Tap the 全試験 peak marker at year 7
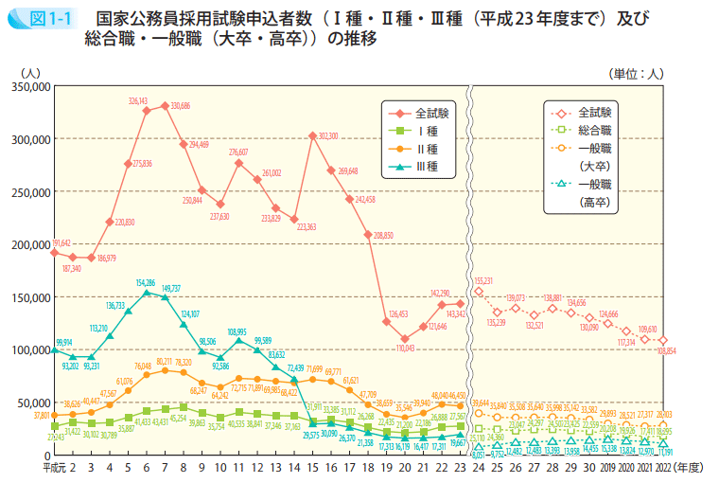[x=165, y=106]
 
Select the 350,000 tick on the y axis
[x=28, y=86]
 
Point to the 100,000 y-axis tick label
[x=28, y=349]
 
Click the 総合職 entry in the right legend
[x=593, y=129]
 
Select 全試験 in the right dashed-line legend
[x=593, y=111]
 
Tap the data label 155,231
[x=482, y=280]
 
